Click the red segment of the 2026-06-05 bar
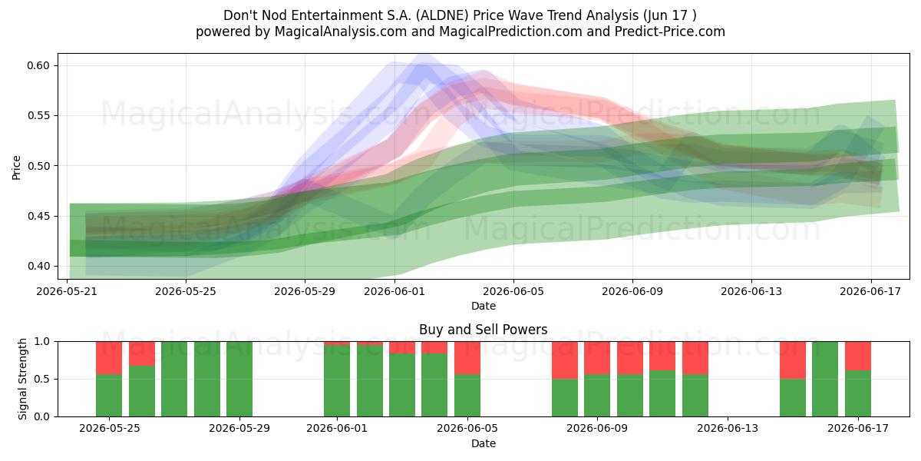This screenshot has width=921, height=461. click(x=467, y=358)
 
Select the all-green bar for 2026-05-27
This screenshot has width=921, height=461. click(x=174, y=379)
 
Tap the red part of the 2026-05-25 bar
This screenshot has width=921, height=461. click(x=109, y=358)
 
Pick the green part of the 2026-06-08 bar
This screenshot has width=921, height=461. click(x=565, y=398)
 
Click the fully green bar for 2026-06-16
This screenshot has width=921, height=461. click(x=825, y=379)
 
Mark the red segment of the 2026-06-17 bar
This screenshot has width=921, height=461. click(x=858, y=356)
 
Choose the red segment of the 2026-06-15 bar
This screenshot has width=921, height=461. click(x=793, y=360)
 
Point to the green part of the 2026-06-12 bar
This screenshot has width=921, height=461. click(x=695, y=395)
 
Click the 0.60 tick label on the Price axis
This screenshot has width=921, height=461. click(x=38, y=65)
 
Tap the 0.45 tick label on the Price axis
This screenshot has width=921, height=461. click(x=38, y=216)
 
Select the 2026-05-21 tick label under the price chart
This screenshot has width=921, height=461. click(x=67, y=291)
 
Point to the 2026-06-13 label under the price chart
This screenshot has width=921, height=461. click(x=751, y=291)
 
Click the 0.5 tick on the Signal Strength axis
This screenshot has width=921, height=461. click(x=41, y=379)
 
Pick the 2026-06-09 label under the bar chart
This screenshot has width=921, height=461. click(x=597, y=429)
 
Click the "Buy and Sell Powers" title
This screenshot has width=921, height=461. click(x=483, y=330)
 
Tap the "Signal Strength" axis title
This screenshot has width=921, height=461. click(x=22, y=379)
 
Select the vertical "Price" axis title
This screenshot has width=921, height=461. click(x=16, y=167)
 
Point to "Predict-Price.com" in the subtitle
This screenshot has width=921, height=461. click(x=670, y=32)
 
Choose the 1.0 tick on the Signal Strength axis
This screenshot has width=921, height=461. click(x=41, y=342)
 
